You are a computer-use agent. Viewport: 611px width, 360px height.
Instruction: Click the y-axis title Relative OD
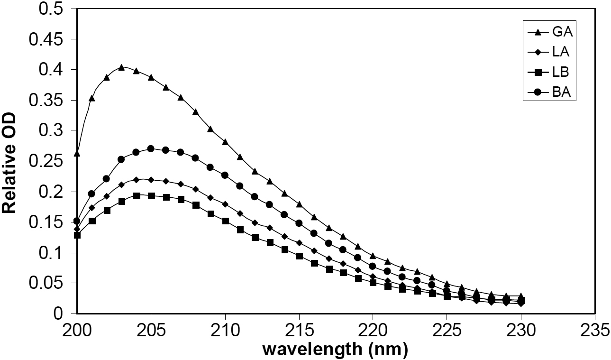11,162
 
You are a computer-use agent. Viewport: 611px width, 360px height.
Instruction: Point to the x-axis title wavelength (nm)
335,350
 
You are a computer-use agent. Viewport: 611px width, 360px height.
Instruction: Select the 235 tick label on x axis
594,330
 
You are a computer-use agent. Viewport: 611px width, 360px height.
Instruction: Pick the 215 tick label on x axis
299,330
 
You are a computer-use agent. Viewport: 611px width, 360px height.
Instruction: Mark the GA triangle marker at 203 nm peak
121,67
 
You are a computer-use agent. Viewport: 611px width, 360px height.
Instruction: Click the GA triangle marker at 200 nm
77,153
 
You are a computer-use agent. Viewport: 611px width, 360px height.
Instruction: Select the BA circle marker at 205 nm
151,148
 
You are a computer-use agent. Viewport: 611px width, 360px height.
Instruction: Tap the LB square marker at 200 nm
77,235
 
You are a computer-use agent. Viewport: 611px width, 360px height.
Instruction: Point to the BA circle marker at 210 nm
225,175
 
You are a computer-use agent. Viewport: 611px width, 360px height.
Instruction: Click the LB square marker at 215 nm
299,256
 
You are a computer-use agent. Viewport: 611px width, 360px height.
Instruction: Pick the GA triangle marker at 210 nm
225,142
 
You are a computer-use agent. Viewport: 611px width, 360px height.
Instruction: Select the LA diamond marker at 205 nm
151,180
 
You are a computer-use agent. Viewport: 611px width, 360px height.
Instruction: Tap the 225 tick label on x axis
447,330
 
